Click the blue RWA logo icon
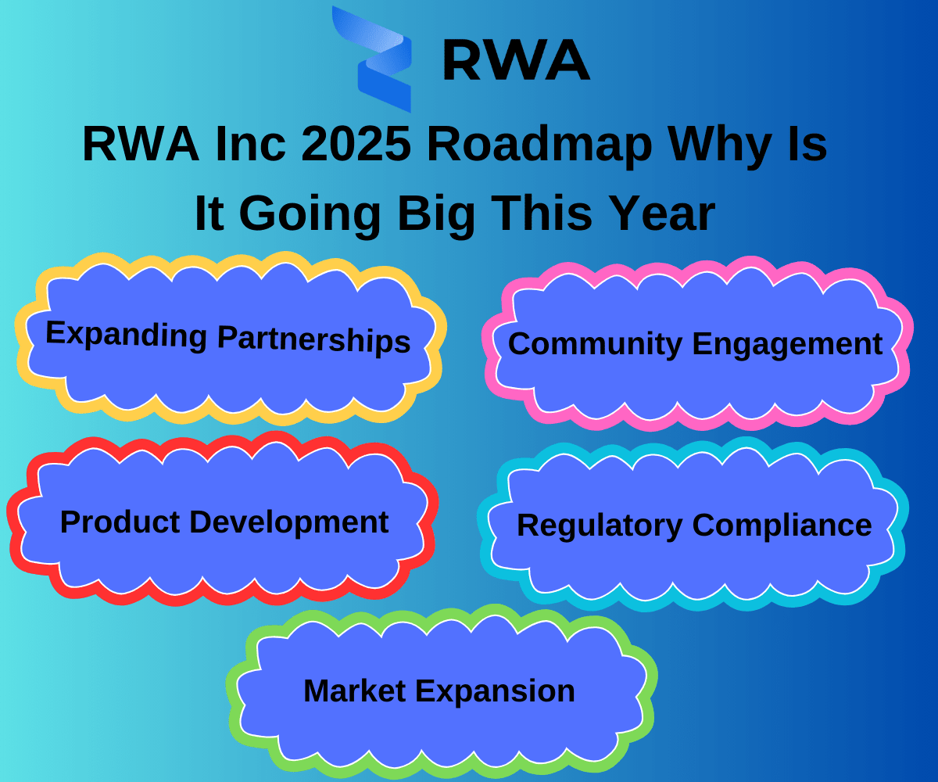point(372,59)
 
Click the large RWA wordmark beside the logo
point(516,60)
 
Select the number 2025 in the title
point(356,143)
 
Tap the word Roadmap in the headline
point(539,145)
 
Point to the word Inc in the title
point(251,143)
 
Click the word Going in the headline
point(310,213)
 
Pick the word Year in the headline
point(662,213)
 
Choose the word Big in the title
point(436,213)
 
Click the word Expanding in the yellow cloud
point(126,334)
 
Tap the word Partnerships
point(314,339)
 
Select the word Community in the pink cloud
point(595,344)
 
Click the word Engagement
point(787,345)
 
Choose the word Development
point(289,522)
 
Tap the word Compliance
point(782,526)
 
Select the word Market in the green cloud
point(355,691)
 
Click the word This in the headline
point(542,213)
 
